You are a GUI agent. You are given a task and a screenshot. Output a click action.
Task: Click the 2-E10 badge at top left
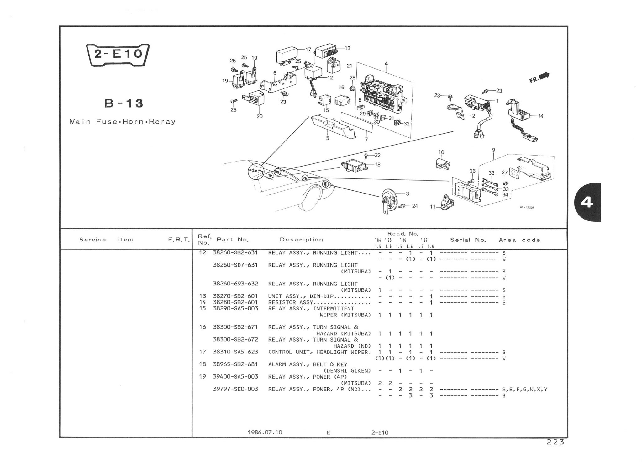[x=118, y=55]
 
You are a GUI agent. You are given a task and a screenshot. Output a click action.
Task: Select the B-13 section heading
[x=124, y=103]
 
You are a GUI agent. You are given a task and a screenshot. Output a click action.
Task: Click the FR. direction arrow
[x=540, y=77]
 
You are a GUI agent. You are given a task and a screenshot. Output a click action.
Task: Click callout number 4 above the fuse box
[x=386, y=64]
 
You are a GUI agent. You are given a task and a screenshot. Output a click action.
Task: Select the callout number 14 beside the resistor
[x=541, y=116]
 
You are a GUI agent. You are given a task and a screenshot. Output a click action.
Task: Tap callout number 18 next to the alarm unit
[x=378, y=164]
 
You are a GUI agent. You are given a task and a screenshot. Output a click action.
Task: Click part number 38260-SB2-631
[x=235, y=252]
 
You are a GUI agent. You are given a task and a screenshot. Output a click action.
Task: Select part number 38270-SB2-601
[x=235, y=296]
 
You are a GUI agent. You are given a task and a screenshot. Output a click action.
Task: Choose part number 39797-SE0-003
[x=235, y=389]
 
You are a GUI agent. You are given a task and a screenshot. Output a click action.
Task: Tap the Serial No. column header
[x=468, y=240]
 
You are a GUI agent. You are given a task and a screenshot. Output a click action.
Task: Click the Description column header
[x=301, y=240]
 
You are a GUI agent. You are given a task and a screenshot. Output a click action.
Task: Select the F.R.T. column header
[x=179, y=240]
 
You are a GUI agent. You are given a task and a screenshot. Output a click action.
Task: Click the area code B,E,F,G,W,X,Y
[x=524, y=390]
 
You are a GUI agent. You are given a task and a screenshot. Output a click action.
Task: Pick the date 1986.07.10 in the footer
[x=265, y=433]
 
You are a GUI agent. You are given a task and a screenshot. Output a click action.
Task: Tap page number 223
[x=555, y=442]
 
